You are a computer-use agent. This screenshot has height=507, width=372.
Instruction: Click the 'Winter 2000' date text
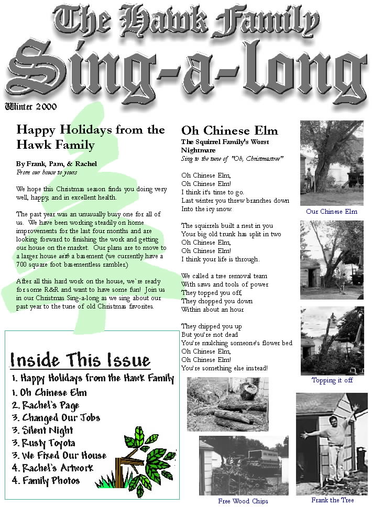[31, 107]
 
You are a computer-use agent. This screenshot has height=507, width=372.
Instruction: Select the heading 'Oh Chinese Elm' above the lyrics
[229, 130]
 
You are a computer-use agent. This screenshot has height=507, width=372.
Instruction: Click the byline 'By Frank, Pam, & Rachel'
[57, 163]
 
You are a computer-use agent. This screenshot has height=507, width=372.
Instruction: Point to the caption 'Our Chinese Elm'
[332, 212]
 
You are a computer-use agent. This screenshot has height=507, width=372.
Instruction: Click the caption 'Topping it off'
[332, 380]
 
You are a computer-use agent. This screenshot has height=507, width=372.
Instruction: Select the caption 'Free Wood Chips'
[243, 501]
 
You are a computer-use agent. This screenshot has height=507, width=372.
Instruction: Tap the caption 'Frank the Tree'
[332, 500]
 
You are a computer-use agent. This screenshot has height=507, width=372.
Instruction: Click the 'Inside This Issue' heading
[80, 360]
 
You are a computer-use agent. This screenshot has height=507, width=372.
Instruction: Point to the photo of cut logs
[227, 404]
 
